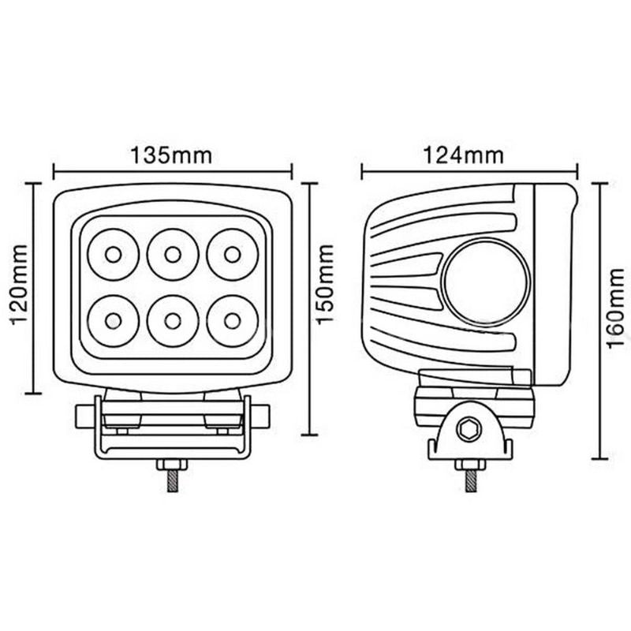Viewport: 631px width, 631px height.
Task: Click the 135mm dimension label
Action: pos(171,154)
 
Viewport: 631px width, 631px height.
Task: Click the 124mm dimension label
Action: pos(463,154)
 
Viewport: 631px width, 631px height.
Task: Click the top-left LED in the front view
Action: pos(113,254)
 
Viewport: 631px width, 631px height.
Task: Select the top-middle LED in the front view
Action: pos(172,254)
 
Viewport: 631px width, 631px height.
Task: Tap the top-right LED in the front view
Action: pos(231,254)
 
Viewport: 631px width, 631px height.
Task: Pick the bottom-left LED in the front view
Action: pos(113,320)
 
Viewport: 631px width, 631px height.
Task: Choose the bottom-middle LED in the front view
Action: pos(172,320)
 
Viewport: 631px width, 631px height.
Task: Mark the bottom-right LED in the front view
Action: pos(231,320)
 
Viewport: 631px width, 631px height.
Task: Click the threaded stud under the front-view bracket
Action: pos(171,479)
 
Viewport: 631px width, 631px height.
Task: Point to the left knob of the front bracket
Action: pos(84,415)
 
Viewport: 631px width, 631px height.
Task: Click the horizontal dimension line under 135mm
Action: pos(172,170)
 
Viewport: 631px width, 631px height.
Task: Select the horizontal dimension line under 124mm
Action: pos(470,170)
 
